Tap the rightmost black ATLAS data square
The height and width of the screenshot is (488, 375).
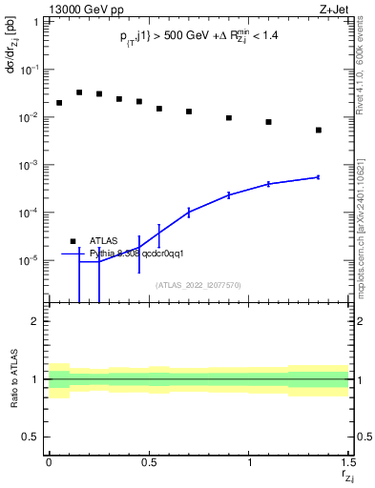click(x=319, y=130)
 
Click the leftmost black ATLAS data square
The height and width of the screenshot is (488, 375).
click(x=59, y=103)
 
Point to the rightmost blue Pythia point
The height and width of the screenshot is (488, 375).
click(x=319, y=177)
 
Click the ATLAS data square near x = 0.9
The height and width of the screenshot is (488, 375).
click(x=229, y=118)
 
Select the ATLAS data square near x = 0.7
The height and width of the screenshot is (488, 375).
click(x=189, y=112)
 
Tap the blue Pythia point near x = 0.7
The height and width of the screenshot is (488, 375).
click(x=189, y=212)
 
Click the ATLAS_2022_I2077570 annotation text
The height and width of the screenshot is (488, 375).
click(x=198, y=284)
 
